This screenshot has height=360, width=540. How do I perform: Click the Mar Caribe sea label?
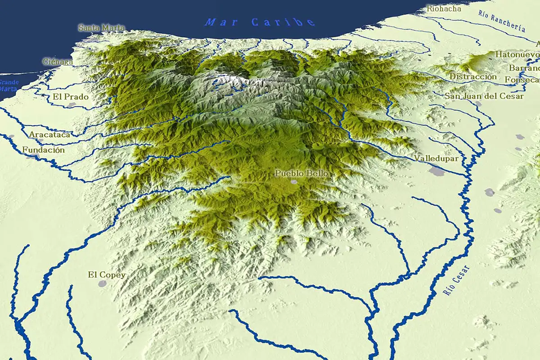[x=260, y=22]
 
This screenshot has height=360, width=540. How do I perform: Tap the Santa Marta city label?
[x=101, y=28]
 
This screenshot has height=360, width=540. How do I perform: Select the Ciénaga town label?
[x=58, y=61]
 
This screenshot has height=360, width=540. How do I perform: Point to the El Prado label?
[x=71, y=96]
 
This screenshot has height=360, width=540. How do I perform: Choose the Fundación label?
[x=44, y=150]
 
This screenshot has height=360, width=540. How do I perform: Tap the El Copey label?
[x=107, y=275]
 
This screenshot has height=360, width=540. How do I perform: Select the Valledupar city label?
[x=436, y=158]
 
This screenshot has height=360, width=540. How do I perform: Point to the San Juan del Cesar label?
[x=484, y=96]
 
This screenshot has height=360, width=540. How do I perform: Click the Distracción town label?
[x=473, y=76]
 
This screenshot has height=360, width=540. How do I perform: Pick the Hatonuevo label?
[x=517, y=54]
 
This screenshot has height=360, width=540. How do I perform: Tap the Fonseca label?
[x=522, y=80]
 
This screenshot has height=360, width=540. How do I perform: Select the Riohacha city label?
[x=444, y=8]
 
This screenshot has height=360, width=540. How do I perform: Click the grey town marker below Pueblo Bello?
[x=294, y=182]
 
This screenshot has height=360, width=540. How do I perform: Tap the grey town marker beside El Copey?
[x=103, y=284]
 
